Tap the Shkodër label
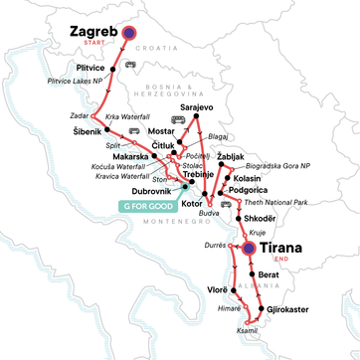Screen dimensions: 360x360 270,220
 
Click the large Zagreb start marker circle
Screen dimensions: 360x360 129,32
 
